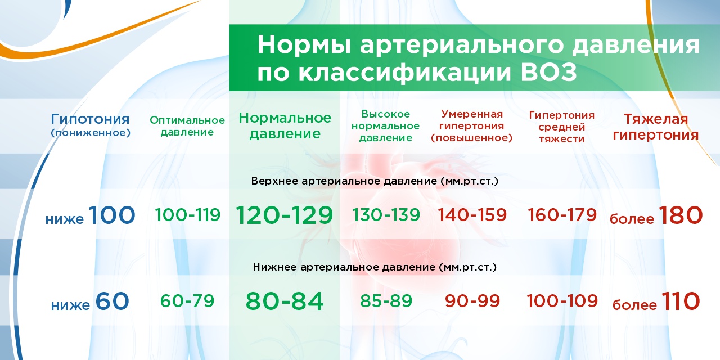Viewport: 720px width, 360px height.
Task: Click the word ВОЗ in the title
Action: tap(548, 73)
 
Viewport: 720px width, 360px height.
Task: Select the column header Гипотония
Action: tap(90, 119)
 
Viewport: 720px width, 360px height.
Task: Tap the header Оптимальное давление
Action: tap(187, 126)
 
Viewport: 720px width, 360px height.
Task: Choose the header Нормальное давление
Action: tap(285, 125)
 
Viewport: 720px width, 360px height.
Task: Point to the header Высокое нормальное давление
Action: tap(385, 125)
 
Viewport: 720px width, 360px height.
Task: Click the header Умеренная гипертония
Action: tap(471, 120)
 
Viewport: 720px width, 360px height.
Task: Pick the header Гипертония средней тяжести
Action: tap(561, 127)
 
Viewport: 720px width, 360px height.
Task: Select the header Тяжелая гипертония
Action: tap(656, 127)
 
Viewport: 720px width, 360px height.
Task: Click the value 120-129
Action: tap(285, 215)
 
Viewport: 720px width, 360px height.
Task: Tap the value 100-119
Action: tap(188, 215)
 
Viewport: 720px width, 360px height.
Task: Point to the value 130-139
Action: tap(386, 215)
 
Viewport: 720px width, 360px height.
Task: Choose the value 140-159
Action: tap(472, 215)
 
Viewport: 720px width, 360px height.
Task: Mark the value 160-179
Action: tap(562, 215)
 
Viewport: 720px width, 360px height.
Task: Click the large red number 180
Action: tap(681, 215)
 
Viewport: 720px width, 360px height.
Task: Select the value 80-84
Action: tap(285, 301)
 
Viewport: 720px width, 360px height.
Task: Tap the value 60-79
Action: tap(187, 301)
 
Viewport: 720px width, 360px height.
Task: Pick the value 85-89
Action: tap(386, 301)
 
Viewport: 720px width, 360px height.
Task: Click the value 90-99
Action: tap(472, 301)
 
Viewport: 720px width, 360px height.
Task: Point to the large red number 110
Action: tap(681, 301)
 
